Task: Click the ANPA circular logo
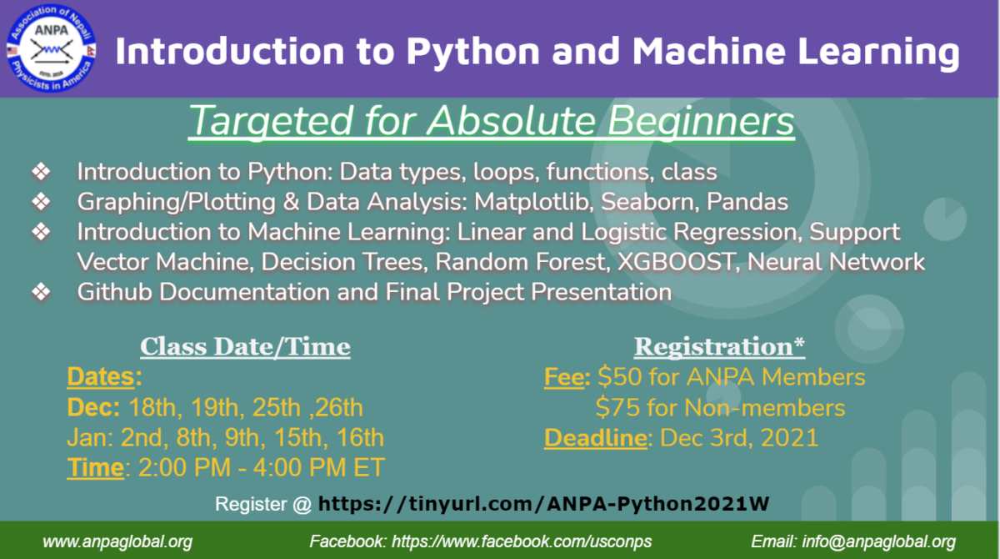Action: pyautogui.click(x=51, y=48)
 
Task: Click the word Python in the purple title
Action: pyautogui.click(x=472, y=53)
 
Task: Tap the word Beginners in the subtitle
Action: pyautogui.click(x=701, y=122)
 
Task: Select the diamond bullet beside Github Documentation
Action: pyautogui.click(x=41, y=292)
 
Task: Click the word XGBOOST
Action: pyautogui.click(x=676, y=262)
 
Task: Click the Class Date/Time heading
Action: pyautogui.click(x=245, y=347)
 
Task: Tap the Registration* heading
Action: pyautogui.click(x=719, y=347)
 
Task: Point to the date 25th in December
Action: pyautogui.click(x=277, y=407)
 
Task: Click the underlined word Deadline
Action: pyautogui.click(x=596, y=438)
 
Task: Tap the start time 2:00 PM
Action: pyautogui.click(x=185, y=468)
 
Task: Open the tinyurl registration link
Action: pyautogui.click(x=543, y=504)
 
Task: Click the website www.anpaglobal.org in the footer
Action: pyautogui.click(x=117, y=542)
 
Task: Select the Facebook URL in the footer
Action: pyautogui.click(x=522, y=541)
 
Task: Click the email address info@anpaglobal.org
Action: pyautogui.click(x=878, y=541)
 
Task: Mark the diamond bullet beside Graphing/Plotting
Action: pyautogui.click(x=41, y=202)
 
